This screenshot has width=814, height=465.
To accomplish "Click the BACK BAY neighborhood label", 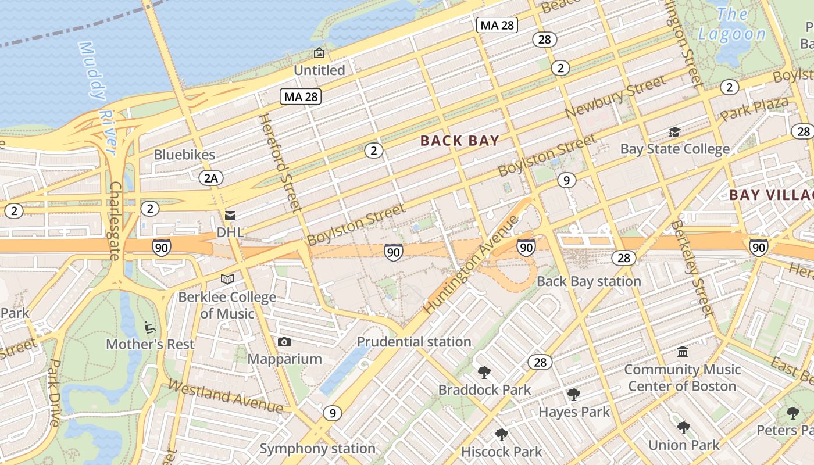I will [459, 141].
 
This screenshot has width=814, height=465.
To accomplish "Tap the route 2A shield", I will [210, 178].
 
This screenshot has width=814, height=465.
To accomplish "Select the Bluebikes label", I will [184, 155].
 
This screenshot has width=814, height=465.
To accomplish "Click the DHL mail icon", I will [231, 216].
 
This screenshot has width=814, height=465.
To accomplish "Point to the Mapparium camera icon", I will [284, 342].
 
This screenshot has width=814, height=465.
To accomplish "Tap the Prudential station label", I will [414, 342].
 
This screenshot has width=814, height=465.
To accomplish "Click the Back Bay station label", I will [588, 281].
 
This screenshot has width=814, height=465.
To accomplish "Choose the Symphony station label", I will [317, 449].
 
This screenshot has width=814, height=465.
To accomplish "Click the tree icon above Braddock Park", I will [484, 372].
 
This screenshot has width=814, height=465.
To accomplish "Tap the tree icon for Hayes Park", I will [574, 395].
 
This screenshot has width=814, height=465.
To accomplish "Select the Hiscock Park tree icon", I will [501, 434].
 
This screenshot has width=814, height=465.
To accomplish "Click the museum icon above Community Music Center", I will [683, 352].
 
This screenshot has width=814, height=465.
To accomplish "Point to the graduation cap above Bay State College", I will [674, 133].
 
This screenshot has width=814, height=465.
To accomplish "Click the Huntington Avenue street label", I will [472, 264].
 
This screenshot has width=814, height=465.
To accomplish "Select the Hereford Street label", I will [280, 163].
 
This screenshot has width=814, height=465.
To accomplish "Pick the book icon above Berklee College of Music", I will [227, 280].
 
